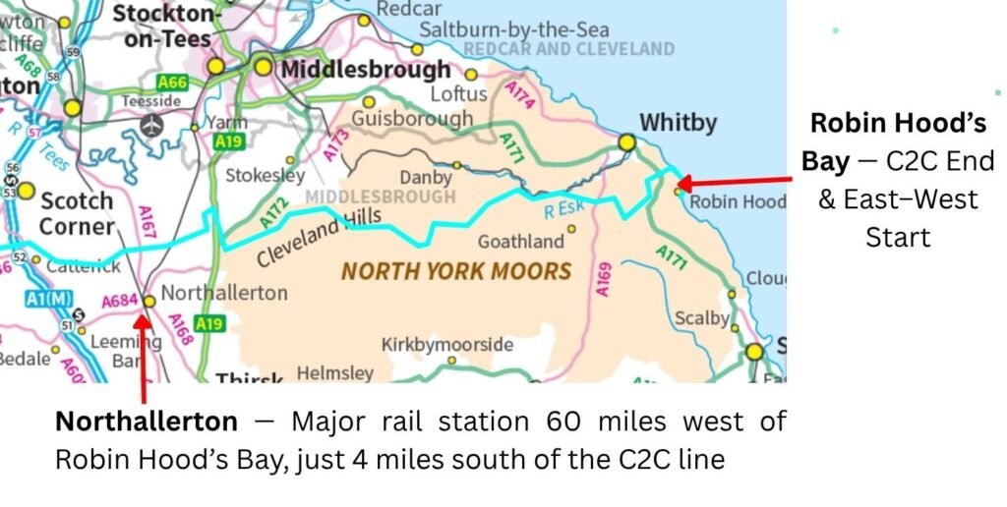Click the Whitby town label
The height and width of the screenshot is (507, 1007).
coord(678,124)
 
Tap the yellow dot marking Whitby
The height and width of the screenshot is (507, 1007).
coord(626,143)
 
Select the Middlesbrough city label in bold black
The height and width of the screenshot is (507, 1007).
coord(365,70)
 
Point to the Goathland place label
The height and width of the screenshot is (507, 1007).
coord(521,242)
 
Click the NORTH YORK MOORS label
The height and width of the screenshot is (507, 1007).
coord(456,271)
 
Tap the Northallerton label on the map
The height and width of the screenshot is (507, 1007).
coord(223,293)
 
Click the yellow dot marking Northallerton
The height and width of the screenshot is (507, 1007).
coord(148,302)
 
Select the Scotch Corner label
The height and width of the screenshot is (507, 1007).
coord(77,213)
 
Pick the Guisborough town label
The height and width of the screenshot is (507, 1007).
coord(412,119)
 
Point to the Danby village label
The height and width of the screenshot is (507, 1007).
coord(425,178)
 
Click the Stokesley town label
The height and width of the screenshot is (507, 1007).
coord(266,176)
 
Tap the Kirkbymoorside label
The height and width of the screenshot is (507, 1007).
coord(447,345)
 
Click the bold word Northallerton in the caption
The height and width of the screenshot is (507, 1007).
coord(146,422)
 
